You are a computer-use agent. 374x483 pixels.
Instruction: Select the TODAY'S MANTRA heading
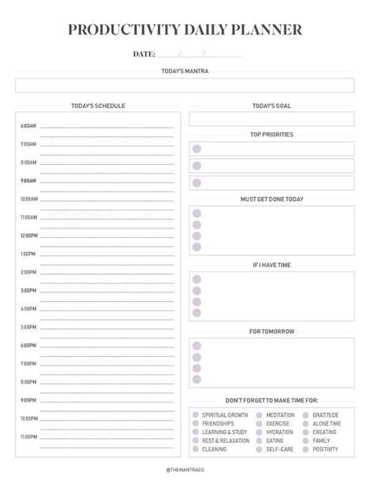[186, 71]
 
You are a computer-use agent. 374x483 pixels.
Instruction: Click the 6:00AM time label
[28, 126]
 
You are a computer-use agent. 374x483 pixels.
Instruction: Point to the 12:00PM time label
[28, 236]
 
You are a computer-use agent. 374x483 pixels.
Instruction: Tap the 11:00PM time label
[28, 436]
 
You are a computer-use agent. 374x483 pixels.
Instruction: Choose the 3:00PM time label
[28, 290]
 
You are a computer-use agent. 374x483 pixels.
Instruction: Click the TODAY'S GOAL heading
[271, 106]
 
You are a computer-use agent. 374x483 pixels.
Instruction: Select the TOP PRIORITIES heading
[271, 135]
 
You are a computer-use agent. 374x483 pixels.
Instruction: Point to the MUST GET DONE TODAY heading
[271, 199]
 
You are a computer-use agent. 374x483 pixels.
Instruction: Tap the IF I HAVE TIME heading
[271, 265]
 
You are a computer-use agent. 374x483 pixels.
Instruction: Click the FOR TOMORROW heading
[271, 331]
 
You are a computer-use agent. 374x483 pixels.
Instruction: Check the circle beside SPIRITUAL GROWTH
[195, 414]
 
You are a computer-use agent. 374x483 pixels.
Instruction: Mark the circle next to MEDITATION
[259, 414]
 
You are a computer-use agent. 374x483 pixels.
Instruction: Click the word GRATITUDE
[326, 414]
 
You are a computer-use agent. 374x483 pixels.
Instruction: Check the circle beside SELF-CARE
[259, 449]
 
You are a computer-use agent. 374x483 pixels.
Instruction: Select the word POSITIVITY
[325, 449]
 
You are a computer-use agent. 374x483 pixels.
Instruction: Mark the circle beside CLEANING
[195, 449]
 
